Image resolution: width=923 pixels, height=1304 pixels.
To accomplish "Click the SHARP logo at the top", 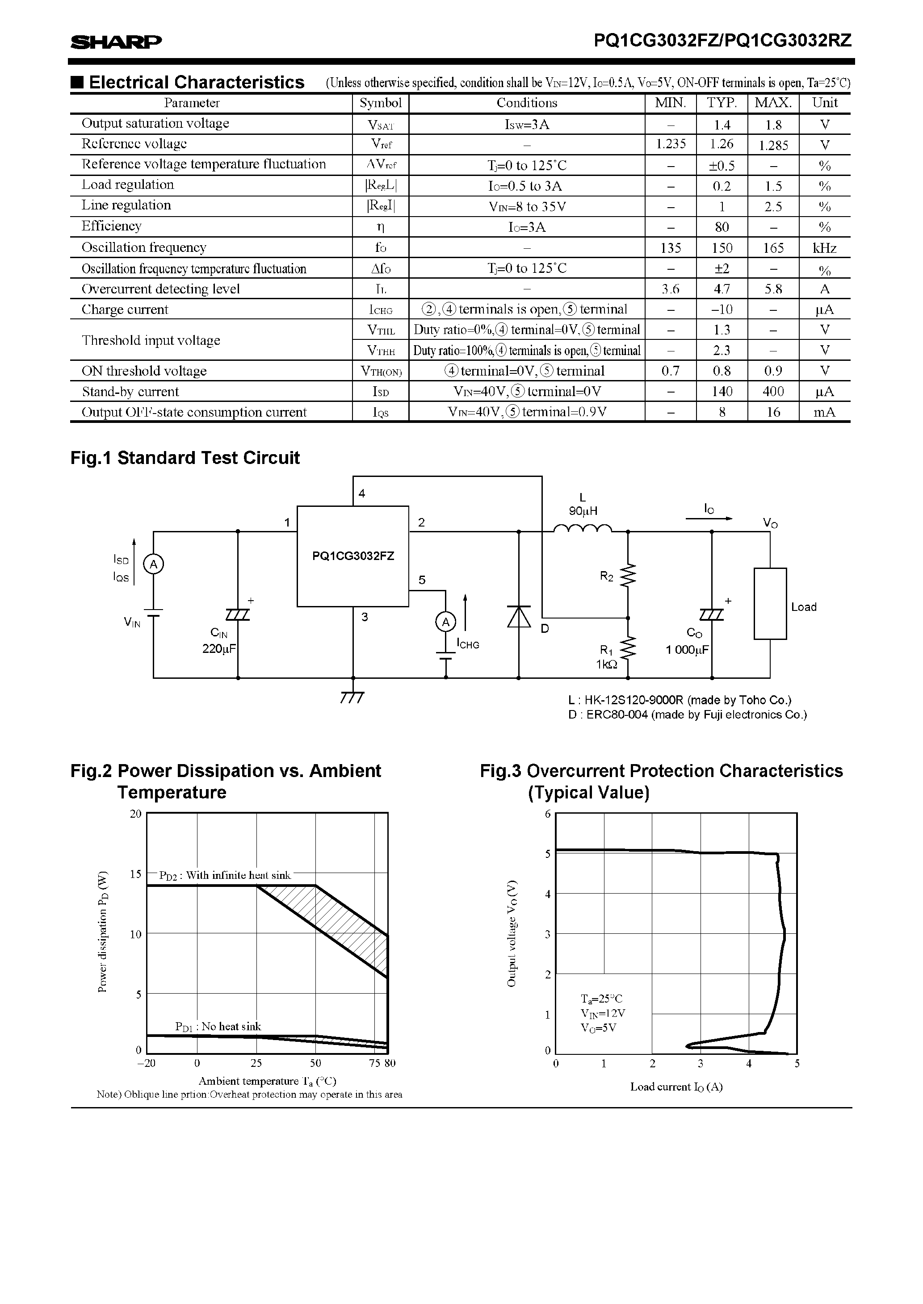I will (x=116, y=42).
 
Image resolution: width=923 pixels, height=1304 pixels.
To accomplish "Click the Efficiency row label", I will (x=111, y=226).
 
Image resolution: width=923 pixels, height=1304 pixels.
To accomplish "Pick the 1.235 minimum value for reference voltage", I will (x=671, y=144).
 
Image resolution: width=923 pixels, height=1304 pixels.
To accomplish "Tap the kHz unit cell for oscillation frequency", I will (x=824, y=247).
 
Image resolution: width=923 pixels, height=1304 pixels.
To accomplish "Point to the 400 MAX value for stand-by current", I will (x=773, y=391).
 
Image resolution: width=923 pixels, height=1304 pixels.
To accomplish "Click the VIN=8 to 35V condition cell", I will (x=527, y=206).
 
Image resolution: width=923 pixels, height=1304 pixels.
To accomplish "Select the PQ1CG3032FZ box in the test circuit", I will (x=353, y=556).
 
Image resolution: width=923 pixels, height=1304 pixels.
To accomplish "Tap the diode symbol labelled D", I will (x=519, y=616).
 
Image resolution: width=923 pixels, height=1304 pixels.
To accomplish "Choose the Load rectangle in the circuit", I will (x=770, y=603).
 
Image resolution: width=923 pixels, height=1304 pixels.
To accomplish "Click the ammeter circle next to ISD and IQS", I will (x=153, y=564).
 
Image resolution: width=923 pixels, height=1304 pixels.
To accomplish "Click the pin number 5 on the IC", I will (x=422, y=580).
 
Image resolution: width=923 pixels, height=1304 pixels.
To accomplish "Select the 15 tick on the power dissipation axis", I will (x=135, y=874).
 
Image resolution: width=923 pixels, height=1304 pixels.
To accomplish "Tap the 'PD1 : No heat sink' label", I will (x=218, y=1026).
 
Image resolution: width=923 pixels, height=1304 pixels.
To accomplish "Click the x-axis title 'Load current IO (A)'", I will (x=676, y=1087).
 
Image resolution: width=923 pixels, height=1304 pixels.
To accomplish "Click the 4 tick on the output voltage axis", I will (x=548, y=894).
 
